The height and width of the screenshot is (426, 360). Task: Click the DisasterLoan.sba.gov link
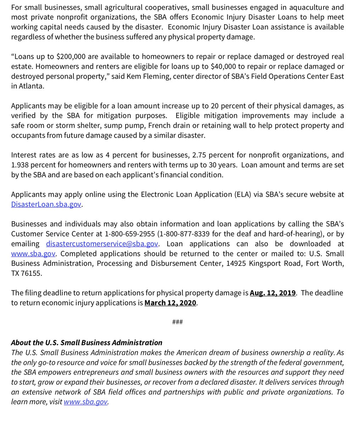46,204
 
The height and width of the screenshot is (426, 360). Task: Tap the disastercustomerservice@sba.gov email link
102,244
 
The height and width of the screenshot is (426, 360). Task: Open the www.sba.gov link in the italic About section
85,402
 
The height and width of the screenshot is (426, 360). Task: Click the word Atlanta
31,86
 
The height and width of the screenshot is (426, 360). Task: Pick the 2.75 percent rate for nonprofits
201,155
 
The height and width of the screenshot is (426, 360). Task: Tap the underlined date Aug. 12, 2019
272,293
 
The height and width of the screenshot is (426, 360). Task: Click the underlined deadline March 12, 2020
170,303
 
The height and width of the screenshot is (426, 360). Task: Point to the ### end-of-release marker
177,322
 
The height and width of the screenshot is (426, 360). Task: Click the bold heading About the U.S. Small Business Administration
87,343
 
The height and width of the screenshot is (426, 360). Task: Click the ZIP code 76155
32,273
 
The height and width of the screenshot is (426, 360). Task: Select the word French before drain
161,125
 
